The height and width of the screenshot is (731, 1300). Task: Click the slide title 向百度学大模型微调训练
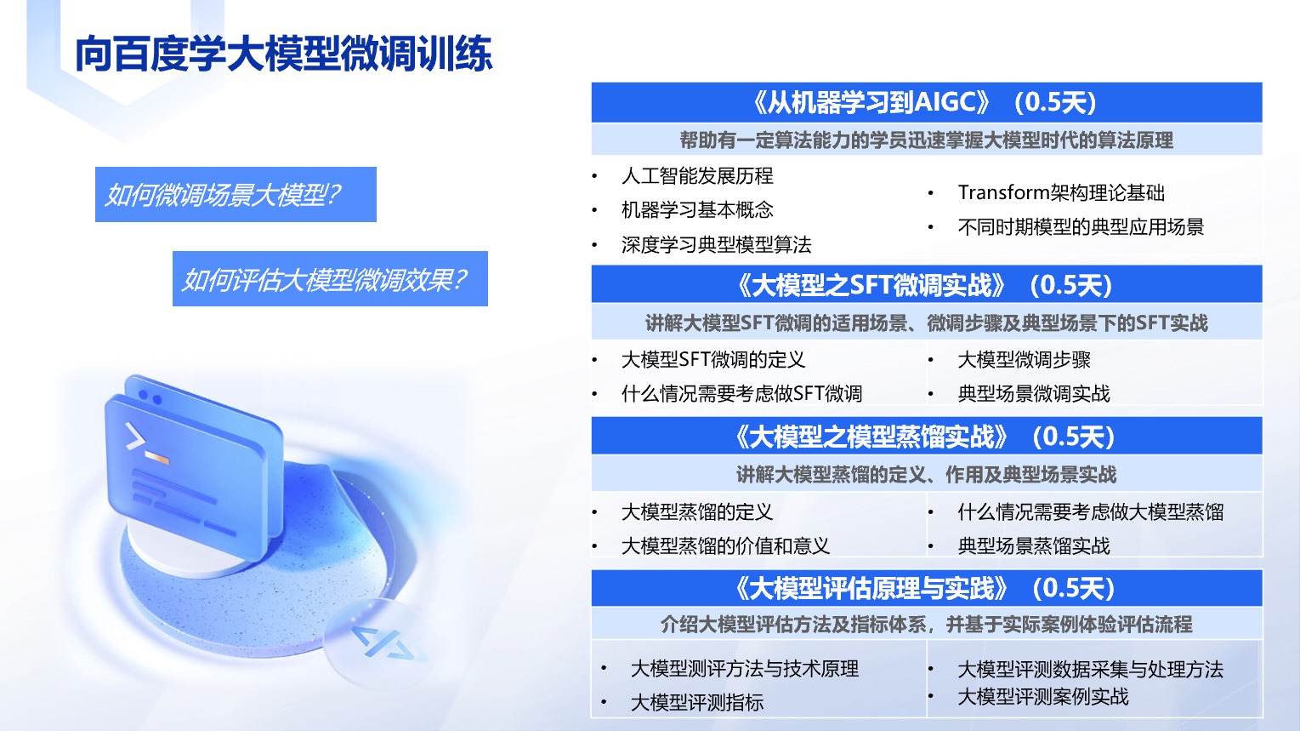pos(284,54)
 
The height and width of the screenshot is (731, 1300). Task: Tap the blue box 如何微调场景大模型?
pos(236,194)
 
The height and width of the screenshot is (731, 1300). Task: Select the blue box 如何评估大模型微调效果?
pos(330,279)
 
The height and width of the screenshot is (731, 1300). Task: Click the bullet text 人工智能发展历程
pos(697,175)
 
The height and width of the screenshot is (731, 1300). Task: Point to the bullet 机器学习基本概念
pos(697,210)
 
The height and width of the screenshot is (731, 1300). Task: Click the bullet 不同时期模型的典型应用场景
pos(1081,226)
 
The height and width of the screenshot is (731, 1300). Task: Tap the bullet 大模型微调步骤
pos(1025,360)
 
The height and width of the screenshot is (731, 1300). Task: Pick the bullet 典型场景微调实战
pos(1034,394)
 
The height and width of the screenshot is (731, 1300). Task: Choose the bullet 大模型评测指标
pos(697,703)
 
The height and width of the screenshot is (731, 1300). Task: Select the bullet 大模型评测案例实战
pos(1043,697)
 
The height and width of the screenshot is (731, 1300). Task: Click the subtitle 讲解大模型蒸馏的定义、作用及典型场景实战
pos(926,475)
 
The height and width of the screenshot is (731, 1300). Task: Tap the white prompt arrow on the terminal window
pos(134,437)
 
